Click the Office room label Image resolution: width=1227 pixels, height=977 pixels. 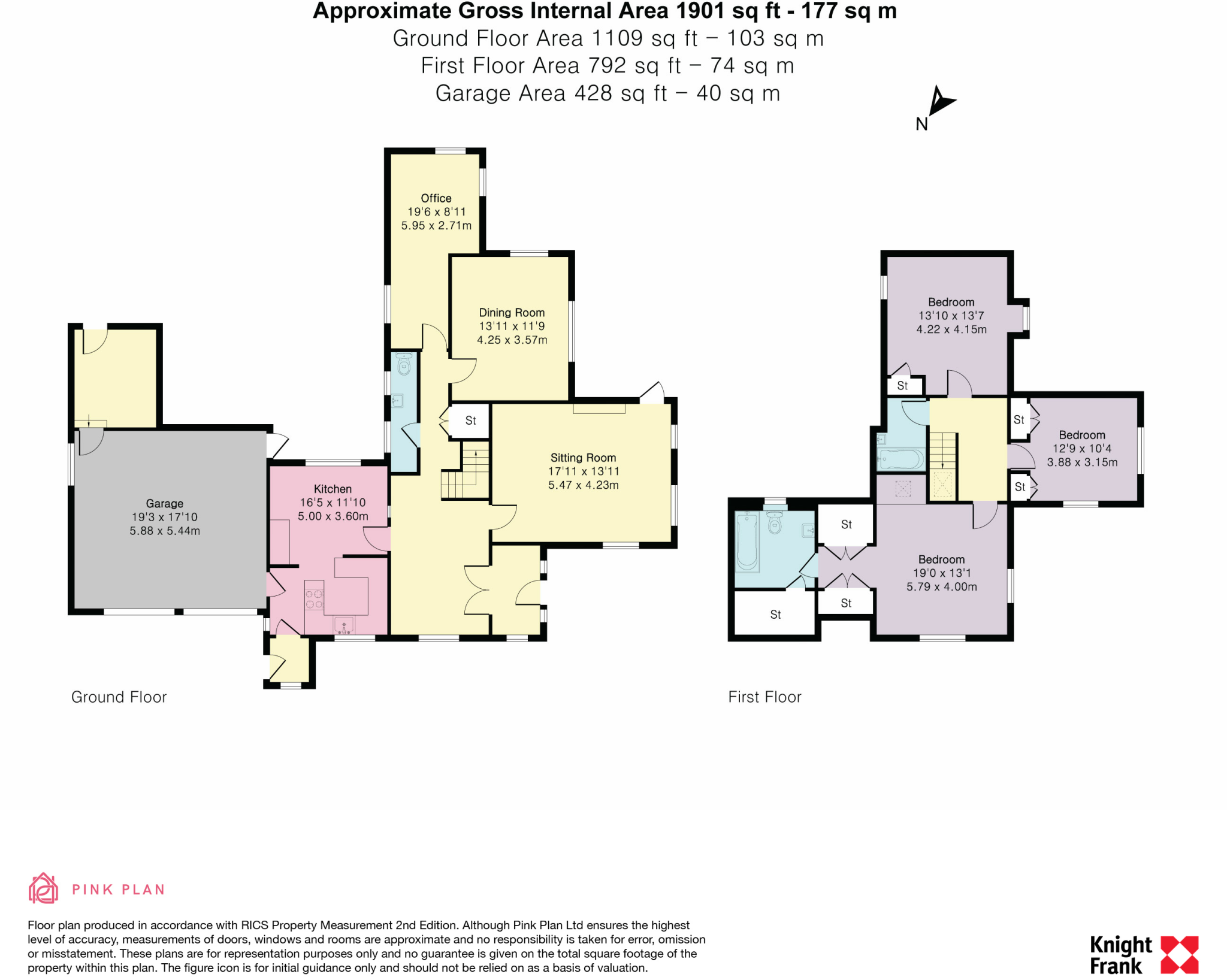click(436, 198)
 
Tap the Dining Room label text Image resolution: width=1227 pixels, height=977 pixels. click(512, 313)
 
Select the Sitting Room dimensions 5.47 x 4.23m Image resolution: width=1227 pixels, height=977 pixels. click(583, 485)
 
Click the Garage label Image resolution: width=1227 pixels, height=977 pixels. click(164, 504)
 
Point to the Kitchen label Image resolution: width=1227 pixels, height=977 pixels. click(333, 489)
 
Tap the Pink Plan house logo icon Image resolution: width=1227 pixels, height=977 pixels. click(43, 888)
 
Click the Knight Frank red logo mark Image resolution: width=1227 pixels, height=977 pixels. click(1179, 955)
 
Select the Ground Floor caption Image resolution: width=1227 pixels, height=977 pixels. click(119, 697)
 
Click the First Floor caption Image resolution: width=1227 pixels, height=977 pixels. click(764, 697)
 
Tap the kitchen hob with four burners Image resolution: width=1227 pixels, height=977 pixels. click(315, 600)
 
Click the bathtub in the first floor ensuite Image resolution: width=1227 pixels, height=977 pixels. click(747, 542)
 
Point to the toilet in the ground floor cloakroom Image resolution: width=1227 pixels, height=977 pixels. click(404, 364)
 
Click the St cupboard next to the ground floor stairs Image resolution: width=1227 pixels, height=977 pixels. click(470, 421)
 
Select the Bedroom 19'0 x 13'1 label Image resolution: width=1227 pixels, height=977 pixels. click(941, 560)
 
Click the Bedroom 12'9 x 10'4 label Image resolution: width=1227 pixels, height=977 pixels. click(1081, 435)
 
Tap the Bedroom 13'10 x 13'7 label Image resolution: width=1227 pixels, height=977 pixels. click(951, 303)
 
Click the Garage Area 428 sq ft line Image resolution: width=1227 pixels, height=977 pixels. click(607, 94)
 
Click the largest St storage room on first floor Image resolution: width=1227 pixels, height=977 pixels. click(775, 615)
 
